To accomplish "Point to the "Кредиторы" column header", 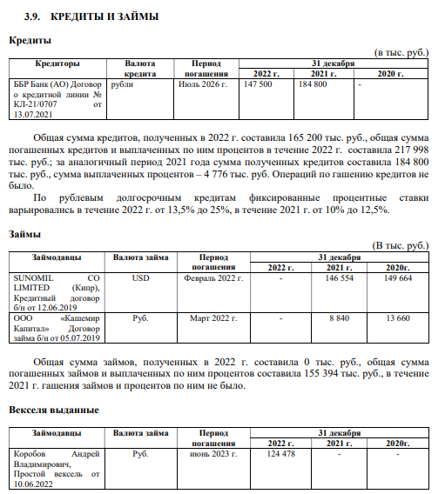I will [57, 63].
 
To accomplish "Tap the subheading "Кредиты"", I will [30, 40].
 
